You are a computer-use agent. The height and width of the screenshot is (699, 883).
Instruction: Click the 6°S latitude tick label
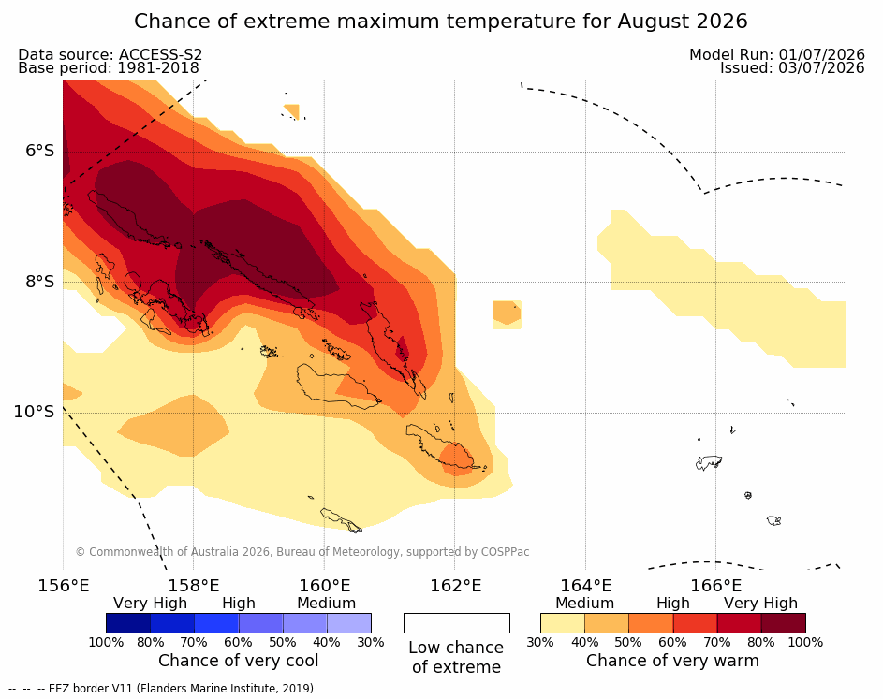pyautogui.click(x=40, y=151)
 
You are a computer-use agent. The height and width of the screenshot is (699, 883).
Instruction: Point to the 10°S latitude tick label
pyautogui.click(x=34, y=412)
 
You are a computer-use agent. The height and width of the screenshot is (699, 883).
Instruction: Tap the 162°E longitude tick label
pyautogui.click(x=456, y=586)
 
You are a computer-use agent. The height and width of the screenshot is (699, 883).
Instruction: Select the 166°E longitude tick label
pyautogui.click(x=715, y=586)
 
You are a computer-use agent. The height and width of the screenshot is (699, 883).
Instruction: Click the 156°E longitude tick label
pyautogui.click(x=63, y=586)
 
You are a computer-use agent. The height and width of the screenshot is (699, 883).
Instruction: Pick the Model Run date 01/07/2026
pyautogui.click(x=821, y=54)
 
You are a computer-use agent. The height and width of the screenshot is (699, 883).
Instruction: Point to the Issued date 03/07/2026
pyautogui.click(x=821, y=68)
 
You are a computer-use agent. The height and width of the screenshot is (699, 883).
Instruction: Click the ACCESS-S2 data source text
pyautogui.click(x=160, y=54)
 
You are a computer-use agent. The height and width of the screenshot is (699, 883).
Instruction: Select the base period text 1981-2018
pyautogui.click(x=157, y=68)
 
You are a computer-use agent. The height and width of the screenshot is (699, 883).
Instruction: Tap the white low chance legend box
pyautogui.click(x=457, y=623)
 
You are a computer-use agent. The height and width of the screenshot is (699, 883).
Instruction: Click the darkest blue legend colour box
pyautogui.click(x=128, y=623)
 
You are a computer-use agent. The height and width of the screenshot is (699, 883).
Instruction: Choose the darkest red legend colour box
pyautogui.click(x=784, y=623)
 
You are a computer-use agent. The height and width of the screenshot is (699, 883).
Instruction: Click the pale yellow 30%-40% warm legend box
pyautogui.click(x=563, y=623)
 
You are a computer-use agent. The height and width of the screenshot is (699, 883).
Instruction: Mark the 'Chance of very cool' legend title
pyautogui.click(x=238, y=661)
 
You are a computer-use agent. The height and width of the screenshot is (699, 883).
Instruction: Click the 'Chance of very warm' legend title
pyautogui.click(x=672, y=661)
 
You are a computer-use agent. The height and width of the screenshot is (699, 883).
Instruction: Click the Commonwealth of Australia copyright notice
pyautogui.click(x=302, y=551)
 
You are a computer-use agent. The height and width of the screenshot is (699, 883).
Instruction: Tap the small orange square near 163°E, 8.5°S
pyautogui.click(x=507, y=314)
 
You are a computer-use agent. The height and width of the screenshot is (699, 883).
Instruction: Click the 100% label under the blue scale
pyautogui.click(x=106, y=642)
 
